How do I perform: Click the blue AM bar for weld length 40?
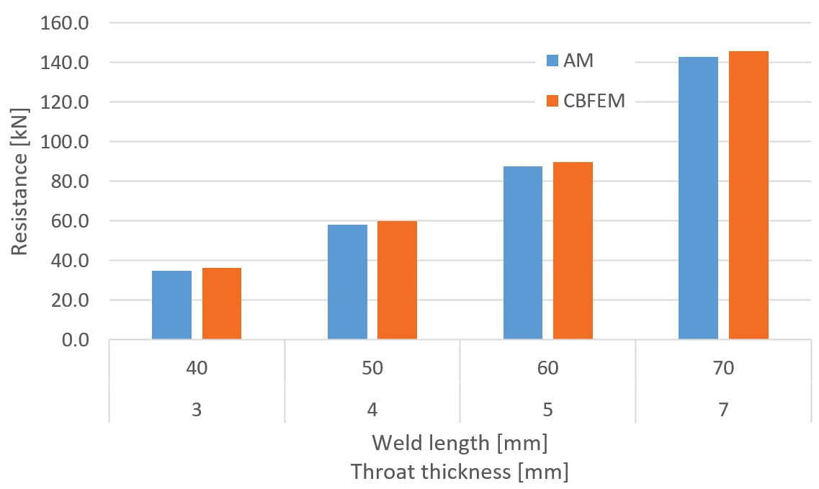point(172,305)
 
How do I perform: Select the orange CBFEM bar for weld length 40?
point(222,303)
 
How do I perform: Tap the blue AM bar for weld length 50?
point(347,282)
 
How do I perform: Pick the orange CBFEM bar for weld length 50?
point(397,280)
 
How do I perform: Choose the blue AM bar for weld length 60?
point(523,253)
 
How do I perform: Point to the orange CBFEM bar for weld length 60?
point(573,251)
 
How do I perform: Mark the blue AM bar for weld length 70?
point(698,198)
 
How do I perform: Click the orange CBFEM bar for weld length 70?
point(748,195)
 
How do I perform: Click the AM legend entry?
point(570,60)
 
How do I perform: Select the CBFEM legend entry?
point(586,101)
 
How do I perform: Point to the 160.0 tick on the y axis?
point(65,23)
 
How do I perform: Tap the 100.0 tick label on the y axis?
point(65,142)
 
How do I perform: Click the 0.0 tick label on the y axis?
point(75,340)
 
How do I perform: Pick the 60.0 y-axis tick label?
point(70,221)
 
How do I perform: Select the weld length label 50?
point(372,368)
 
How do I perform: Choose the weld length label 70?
point(723,368)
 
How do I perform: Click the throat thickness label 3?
point(197,409)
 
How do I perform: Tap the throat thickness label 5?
point(547,409)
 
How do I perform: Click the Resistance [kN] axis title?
point(19,181)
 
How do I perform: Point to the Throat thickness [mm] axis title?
point(460,471)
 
